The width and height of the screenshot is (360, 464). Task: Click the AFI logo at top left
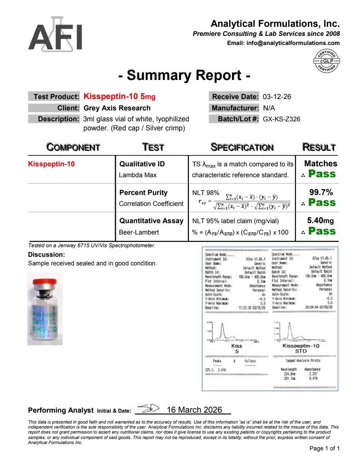(x=56, y=35)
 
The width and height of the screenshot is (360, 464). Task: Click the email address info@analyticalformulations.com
(x=283, y=43)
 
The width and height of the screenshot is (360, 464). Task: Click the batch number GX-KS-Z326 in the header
(x=281, y=120)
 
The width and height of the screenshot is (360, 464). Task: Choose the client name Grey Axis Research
(x=117, y=108)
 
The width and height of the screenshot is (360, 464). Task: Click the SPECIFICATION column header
(x=242, y=147)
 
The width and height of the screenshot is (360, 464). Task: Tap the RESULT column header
(x=319, y=147)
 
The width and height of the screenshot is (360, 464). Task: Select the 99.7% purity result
(x=321, y=192)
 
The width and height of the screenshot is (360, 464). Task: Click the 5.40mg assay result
(x=320, y=221)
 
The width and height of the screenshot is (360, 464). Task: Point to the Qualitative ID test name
(x=142, y=164)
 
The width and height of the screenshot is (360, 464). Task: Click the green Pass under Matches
(x=322, y=174)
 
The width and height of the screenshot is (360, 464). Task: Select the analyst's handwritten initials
(x=148, y=409)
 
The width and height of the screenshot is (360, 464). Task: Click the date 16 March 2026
(x=194, y=410)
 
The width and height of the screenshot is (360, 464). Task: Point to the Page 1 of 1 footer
(x=325, y=449)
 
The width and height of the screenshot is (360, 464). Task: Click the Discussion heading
(x=46, y=255)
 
